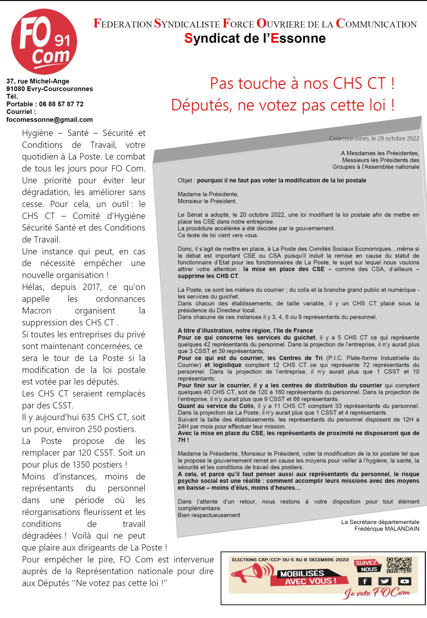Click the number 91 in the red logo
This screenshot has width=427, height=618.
coord(62,41)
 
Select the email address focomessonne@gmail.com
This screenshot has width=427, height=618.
coord(49,120)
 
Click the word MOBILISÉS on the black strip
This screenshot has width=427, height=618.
coord(302,574)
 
